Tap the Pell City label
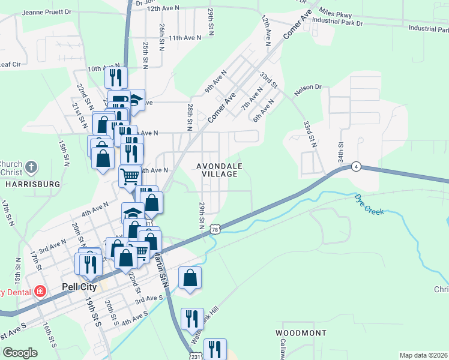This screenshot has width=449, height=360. (x=79, y=287)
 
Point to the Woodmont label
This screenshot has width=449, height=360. (x=301, y=332)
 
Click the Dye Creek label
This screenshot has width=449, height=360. (x=369, y=204)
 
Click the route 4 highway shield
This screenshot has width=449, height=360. (x=357, y=166)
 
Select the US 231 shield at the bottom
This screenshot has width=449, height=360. (x=191, y=356)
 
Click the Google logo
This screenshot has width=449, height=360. (x=20, y=353)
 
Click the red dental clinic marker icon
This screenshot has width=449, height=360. (x=40, y=292)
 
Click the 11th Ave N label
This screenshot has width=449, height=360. (x=184, y=38)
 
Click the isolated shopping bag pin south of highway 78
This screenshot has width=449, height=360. (x=190, y=278)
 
